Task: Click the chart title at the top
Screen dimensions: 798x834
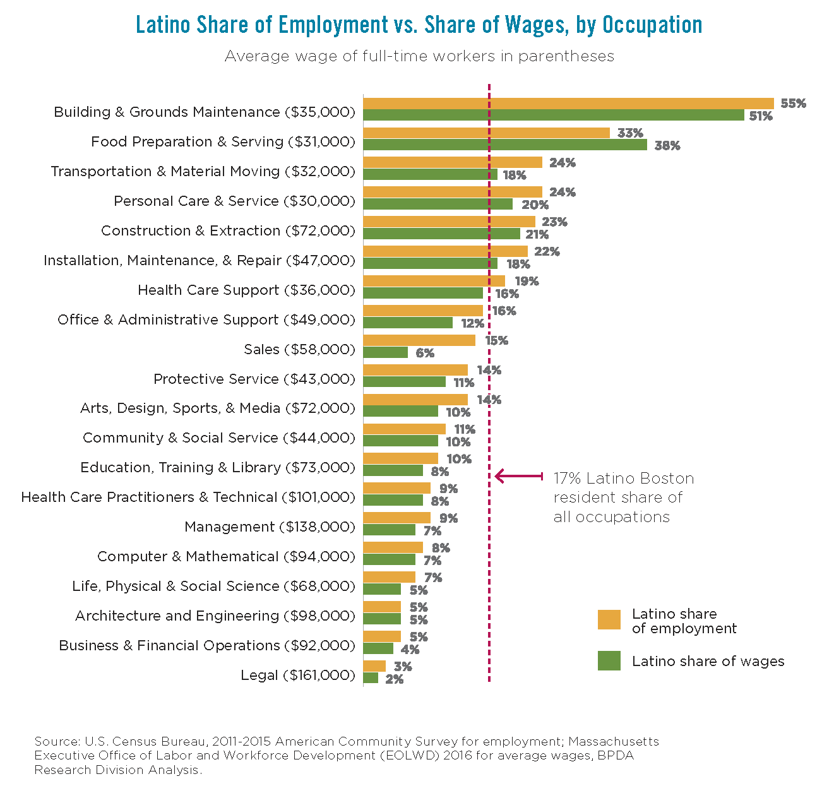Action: (x=419, y=25)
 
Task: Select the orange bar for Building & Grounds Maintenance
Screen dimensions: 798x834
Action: (x=568, y=104)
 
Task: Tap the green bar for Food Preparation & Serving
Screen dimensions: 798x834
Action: (x=505, y=145)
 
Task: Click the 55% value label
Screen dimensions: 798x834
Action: (x=793, y=104)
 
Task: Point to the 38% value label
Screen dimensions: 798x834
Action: (x=667, y=146)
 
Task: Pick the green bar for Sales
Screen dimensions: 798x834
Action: (x=386, y=353)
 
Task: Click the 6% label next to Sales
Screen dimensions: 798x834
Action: (x=425, y=354)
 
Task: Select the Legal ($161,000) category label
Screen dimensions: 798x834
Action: (x=297, y=676)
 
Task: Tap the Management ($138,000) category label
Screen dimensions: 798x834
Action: (x=270, y=527)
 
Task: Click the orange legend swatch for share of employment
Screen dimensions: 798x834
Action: (x=609, y=620)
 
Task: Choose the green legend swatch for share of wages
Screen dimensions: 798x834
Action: (x=609, y=661)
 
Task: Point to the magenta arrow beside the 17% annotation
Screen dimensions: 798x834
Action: (x=518, y=476)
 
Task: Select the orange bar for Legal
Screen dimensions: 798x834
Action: (x=374, y=666)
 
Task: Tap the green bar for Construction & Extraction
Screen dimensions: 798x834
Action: (x=442, y=234)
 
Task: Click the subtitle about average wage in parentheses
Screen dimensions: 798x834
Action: (x=419, y=56)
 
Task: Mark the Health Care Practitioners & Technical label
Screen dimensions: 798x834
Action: (x=188, y=497)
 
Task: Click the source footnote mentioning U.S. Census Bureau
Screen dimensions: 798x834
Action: (x=346, y=755)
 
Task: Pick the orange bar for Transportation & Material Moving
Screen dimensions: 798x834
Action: (x=453, y=163)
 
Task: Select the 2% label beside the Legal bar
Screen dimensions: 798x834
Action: (x=394, y=679)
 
